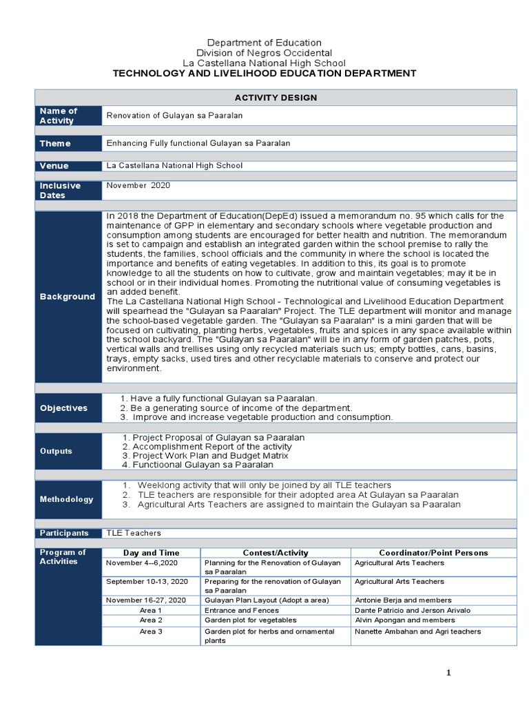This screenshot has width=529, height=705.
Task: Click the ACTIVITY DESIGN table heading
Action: click(x=275, y=98)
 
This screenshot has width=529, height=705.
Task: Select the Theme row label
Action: click(x=55, y=143)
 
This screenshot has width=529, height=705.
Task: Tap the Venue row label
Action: click(x=55, y=166)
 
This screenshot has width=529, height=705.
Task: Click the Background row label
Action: click(x=68, y=297)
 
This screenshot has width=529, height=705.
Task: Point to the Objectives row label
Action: click(x=63, y=408)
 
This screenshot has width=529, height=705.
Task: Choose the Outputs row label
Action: click(x=56, y=451)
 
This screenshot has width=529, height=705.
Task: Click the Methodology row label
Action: click(x=66, y=499)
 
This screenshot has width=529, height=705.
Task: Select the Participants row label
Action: click(x=64, y=533)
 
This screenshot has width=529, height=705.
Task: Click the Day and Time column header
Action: click(x=151, y=552)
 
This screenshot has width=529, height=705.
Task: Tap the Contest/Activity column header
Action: click(x=276, y=552)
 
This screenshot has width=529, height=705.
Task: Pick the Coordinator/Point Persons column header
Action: click(x=433, y=552)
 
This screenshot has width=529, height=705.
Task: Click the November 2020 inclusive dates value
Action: click(x=138, y=186)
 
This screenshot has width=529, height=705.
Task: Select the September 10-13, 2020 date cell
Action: click(x=146, y=582)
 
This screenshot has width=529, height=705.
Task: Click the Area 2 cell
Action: click(x=151, y=620)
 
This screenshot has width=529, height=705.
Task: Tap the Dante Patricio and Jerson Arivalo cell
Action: click(x=412, y=610)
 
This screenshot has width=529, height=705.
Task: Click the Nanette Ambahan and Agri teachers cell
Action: click(x=417, y=631)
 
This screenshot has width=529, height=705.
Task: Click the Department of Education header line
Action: click(x=264, y=43)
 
